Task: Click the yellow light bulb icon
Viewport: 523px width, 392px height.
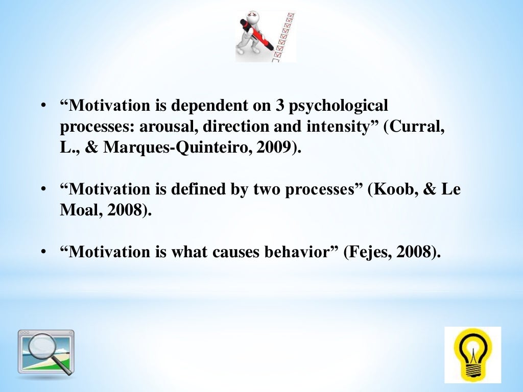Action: (472, 355)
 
